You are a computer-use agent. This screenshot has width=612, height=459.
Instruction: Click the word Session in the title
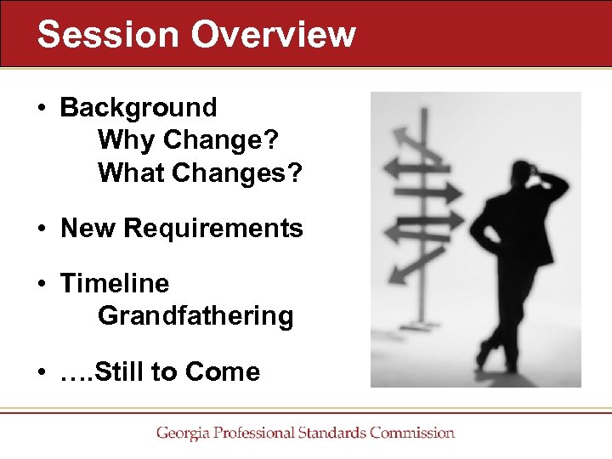(108, 34)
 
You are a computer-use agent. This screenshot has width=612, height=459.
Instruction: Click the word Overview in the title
(274, 34)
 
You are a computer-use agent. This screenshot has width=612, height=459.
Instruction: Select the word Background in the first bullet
(139, 108)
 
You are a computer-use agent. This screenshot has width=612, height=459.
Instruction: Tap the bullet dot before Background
(41, 109)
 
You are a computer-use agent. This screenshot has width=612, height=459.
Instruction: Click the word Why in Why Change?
(124, 140)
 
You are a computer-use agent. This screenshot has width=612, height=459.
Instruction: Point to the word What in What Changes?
(131, 173)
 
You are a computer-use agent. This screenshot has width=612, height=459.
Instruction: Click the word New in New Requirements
(88, 229)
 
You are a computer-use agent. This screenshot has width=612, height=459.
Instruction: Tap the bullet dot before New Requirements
(41, 229)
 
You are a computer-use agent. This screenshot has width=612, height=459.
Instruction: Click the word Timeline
(115, 283)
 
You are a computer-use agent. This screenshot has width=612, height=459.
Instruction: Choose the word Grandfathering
(195, 316)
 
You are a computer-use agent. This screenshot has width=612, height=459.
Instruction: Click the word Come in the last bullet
(223, 371)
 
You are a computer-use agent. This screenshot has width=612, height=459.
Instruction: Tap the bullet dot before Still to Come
(41, 372)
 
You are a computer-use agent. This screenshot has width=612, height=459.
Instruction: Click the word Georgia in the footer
(182, 433)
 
